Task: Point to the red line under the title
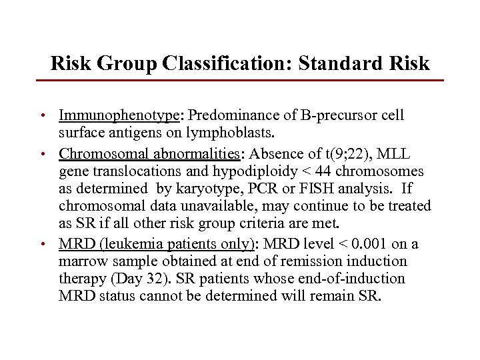tap(239, 81)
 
